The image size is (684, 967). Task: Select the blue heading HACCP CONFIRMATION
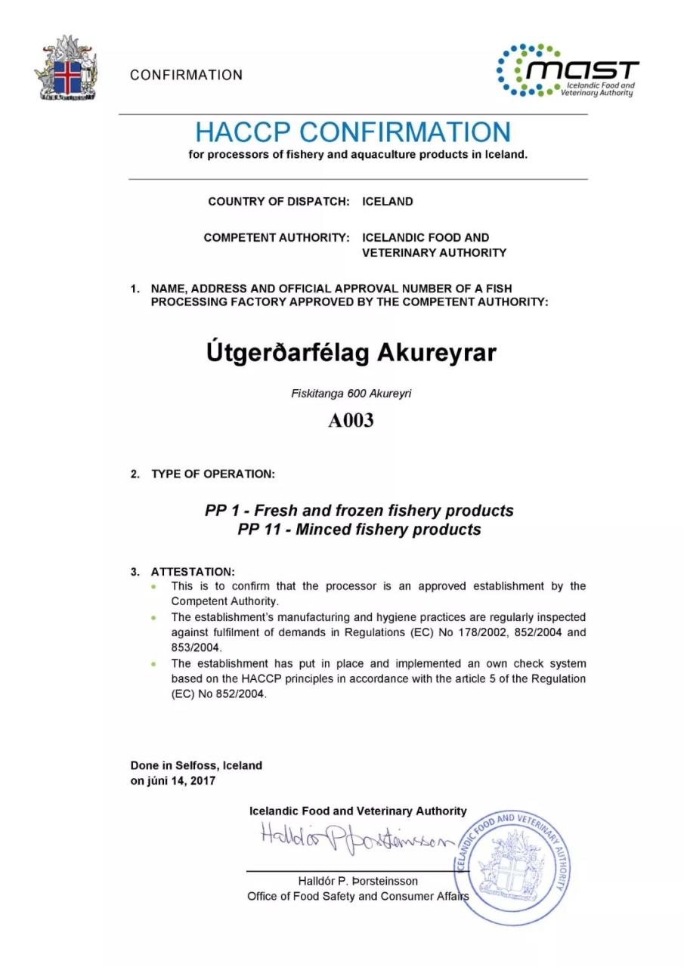[x=353, y=132]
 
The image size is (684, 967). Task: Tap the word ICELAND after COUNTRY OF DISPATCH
[x=388, y=202]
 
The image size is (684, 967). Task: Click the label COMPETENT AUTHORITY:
[x=277, y=237]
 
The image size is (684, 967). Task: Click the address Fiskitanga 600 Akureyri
[x=351, y=393]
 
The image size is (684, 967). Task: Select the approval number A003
[x=351, y=421]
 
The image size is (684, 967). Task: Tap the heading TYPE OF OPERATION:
[x=213, y=474]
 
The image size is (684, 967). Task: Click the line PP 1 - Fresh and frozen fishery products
[x=359, y=511]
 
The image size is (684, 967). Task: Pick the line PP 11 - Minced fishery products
[x=359, y=530]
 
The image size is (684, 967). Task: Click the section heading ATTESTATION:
[x=193, y=572]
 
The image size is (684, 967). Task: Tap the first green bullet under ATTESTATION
[x=154, y=586]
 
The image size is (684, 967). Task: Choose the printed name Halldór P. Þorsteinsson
[x=358, y=881]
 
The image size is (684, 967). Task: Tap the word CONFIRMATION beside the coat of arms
[x=186, y=75]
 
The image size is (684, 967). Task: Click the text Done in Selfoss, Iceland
[x=197, y=765]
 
